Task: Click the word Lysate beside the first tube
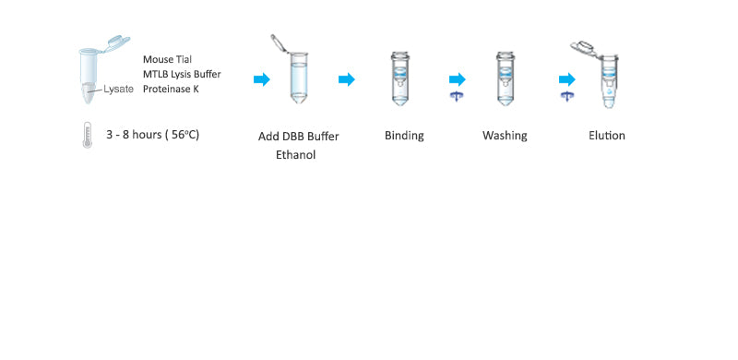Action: (117, 89)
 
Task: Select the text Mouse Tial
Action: (168, 59)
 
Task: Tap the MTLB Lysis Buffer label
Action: (182, 74)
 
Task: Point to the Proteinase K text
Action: (171, 89)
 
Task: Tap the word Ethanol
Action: (295, 155)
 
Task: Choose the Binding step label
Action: (404, 136)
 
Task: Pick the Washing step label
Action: (505, 136)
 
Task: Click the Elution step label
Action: (607, 136)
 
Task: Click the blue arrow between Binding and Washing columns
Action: (457, 79)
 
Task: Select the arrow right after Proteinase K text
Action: (262, 79)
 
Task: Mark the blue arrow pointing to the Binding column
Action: (347, 79)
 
